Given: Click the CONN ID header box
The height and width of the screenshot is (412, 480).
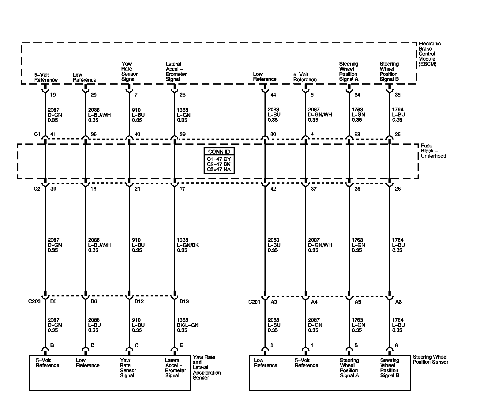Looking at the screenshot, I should (219, 151).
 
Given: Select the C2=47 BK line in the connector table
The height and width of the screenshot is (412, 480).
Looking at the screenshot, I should (219, 164).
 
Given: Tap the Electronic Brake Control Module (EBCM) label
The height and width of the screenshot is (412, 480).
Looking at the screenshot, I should (429, 54).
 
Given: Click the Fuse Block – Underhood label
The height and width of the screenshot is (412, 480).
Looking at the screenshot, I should (433, 151).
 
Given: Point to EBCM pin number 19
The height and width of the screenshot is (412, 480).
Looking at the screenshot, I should (53, 95).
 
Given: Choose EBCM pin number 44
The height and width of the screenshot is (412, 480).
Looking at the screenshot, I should (273, 95).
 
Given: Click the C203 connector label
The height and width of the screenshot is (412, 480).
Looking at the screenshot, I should (34, 301).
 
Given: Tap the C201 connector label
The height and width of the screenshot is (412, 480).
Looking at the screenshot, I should (254, 302).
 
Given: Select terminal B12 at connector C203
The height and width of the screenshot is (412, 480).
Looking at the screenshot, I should (139, 301).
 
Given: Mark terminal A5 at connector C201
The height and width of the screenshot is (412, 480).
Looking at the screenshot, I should (358, 302).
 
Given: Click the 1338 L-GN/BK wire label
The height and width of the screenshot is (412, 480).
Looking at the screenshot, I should (188, 245).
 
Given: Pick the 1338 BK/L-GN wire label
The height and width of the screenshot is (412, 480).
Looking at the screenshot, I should (188, 325).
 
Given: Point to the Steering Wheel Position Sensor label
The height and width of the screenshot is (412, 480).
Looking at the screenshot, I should (430, 359).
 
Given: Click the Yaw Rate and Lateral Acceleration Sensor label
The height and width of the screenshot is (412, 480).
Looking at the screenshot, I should (207, 367).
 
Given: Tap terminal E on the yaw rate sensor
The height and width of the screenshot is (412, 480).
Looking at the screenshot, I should (181, 345).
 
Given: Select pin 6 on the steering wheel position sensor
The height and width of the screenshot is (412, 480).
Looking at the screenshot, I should (396, 345).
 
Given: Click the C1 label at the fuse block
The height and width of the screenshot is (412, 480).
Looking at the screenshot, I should (37, 134).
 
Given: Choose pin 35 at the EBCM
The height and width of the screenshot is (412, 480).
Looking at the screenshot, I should (398, 95).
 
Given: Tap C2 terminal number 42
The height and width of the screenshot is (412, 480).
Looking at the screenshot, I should (273, 189).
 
